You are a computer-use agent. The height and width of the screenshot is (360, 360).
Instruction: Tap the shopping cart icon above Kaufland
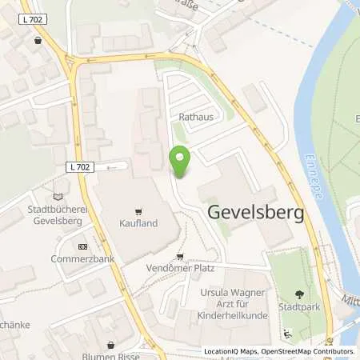138,212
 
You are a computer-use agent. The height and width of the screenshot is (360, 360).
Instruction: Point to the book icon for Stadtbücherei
56,195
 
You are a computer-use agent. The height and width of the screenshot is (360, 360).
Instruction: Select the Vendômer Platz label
182,270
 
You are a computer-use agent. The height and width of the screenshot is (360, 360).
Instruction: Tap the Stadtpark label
301,306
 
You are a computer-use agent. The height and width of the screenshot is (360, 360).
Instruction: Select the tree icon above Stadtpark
301,294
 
